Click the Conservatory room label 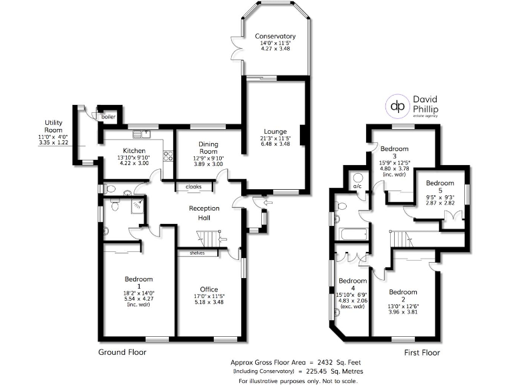[x=275, y=36]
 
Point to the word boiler [x=108, y=117]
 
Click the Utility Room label [x=53, y=127]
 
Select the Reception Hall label [x=204, y=213]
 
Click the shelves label [x=197, y=253]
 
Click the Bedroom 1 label [x=139, y=279]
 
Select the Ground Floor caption [x=122, y=352]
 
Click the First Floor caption [x=421, y=352]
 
